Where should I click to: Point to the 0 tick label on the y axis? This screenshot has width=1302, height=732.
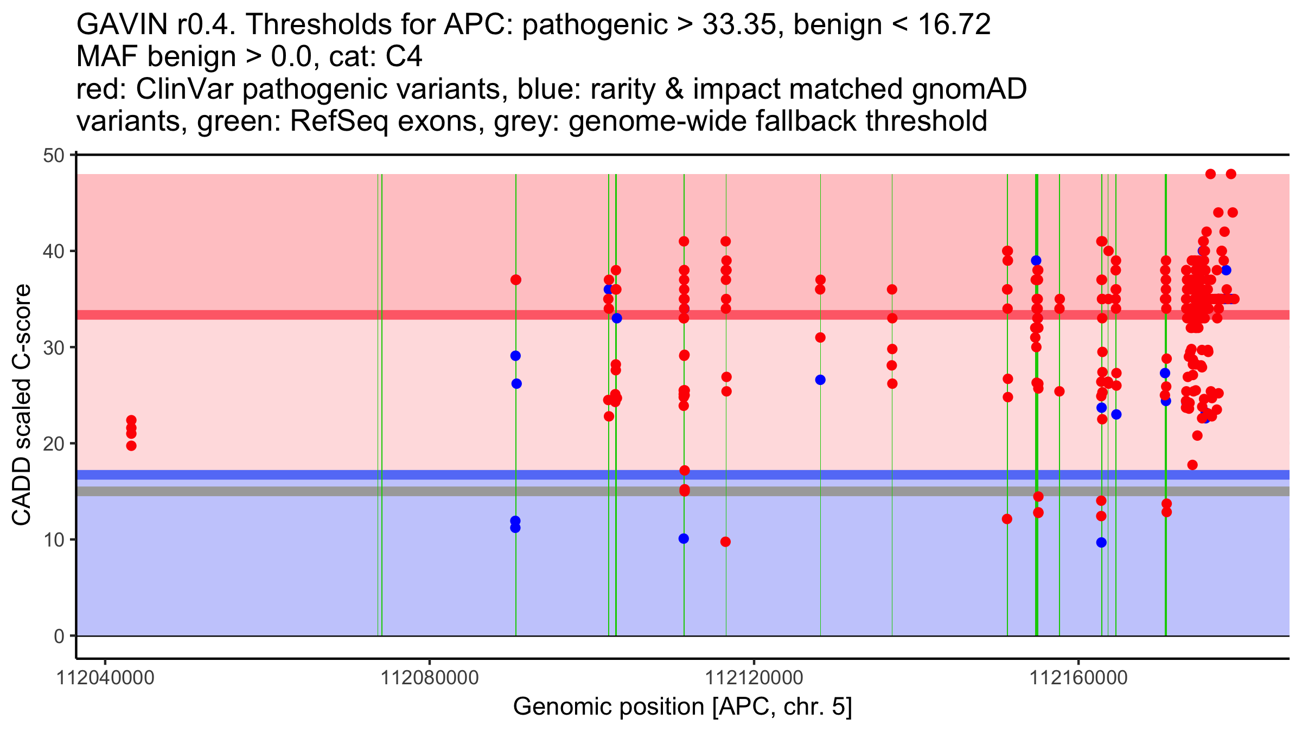tap(59, 636)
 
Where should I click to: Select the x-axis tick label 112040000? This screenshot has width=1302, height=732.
tap(105, 678)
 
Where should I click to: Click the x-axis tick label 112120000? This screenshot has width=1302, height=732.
tap(754, 678)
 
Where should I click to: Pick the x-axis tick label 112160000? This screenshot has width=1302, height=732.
tap(1078, 678)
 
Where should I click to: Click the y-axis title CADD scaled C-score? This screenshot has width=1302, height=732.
tap(22, 405)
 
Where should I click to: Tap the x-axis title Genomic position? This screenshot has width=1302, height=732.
tap(682, 707)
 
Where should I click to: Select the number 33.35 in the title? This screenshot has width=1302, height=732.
tap(738, 24)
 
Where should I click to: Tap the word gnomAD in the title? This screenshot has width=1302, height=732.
tap(969, 89)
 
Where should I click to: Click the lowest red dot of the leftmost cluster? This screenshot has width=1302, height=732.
tap(131, 446)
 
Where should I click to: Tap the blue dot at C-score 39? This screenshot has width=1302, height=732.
tap(1036, 261)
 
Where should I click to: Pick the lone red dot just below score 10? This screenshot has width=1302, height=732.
tap(725, 542)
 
